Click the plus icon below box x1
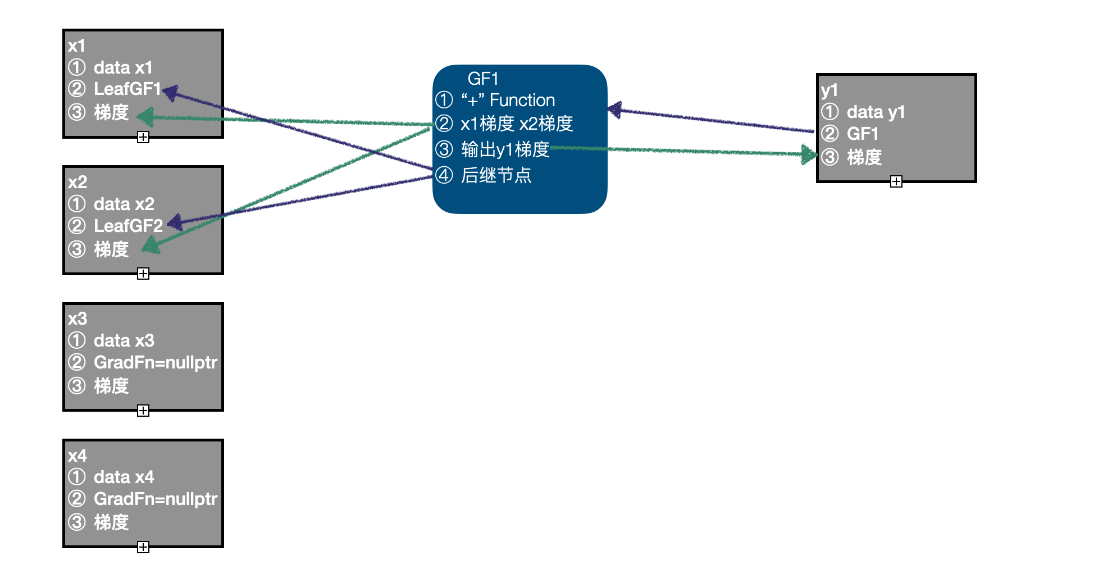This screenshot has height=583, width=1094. (x=143, y=137)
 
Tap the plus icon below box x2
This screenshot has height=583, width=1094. (x=143, y=274)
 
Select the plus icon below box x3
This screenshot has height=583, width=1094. (x=143, y=411)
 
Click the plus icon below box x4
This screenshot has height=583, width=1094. (x=143, y=547)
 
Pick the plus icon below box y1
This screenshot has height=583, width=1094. (x=896, y=181)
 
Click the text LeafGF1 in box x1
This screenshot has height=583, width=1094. (x=127, y=89)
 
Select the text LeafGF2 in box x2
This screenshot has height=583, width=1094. (x=128, y=226)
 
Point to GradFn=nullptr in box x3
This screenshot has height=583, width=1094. (x=155, y=362)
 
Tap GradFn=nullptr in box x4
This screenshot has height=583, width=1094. (x=155, y=499)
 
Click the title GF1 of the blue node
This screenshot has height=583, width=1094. (x=483, y=79)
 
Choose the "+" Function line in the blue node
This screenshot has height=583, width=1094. (x=508, y=101)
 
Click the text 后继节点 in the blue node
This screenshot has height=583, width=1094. (x=496, y=176)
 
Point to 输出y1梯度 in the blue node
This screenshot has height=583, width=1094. (x=505, y=150)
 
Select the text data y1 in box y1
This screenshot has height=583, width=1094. (x=876, y=112)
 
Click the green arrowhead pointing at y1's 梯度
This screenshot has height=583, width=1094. (x=809, y=154)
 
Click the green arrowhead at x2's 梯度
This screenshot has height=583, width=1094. (x=151, y=245)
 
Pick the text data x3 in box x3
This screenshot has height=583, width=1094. (x=124, y=340)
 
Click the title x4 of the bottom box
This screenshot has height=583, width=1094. (x=78, y=456)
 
